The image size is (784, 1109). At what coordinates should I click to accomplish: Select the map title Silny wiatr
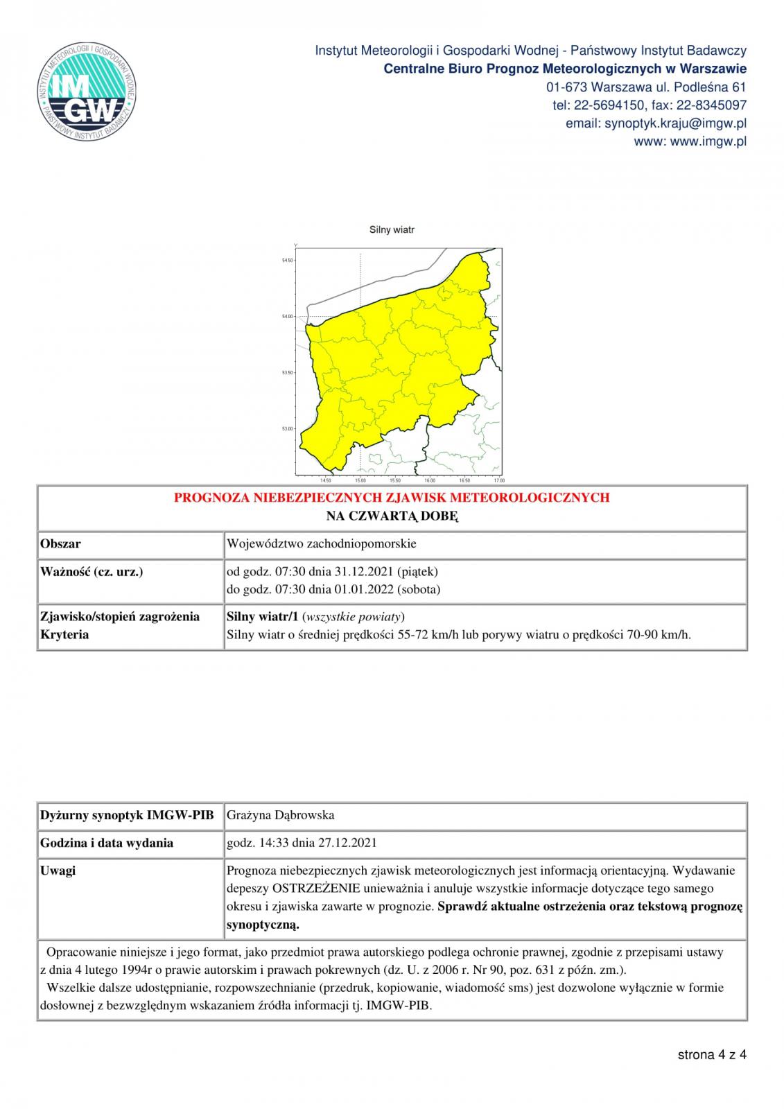click(392, 229)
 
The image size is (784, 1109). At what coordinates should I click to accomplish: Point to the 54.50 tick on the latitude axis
click(288, 261)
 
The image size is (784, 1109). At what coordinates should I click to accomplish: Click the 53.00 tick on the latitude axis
click(288, 429)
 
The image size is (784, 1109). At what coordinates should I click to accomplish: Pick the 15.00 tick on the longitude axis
click(360, 480)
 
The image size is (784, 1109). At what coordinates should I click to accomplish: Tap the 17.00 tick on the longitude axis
click(498, 480)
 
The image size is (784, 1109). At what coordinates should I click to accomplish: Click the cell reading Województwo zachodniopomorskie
click(322, 543)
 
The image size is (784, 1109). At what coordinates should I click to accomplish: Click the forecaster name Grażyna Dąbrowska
click(281, 815)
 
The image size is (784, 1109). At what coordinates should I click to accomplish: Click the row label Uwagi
click(58, 871)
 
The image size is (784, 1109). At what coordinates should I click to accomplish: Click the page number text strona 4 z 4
click(712, 1055)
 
